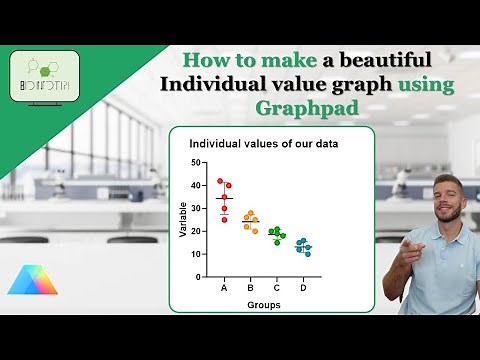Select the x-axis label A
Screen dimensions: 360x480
point(224,288)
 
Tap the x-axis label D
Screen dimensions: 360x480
point(303,288)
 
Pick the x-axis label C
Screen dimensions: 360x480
point(276,288)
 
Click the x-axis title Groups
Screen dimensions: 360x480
point(264,305)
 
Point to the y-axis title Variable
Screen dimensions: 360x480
point(183,220)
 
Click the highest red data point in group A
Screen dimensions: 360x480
point(220,181)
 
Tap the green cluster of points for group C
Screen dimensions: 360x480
point(276,236)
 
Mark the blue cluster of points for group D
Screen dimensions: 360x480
point(303,247)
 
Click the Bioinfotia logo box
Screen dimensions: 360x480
point(44,75)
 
